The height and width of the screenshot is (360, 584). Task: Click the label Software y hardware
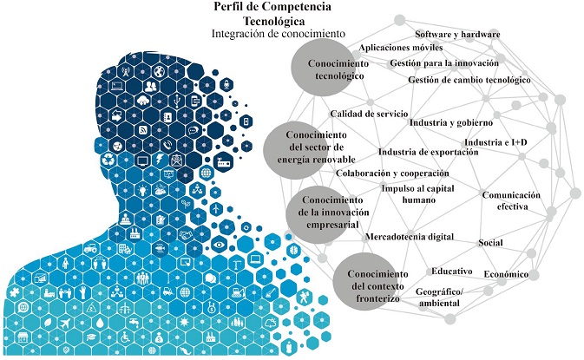coord(458,34)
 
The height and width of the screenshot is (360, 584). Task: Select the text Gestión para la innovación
coord(444,64)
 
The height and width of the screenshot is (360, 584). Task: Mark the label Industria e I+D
coord(496,141)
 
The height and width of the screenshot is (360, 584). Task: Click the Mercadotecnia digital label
coord(410,236)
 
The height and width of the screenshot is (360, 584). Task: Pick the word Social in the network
coord(491,242)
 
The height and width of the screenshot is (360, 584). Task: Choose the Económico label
coord(506,274)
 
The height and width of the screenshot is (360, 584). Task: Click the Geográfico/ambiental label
coord(440,298)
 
